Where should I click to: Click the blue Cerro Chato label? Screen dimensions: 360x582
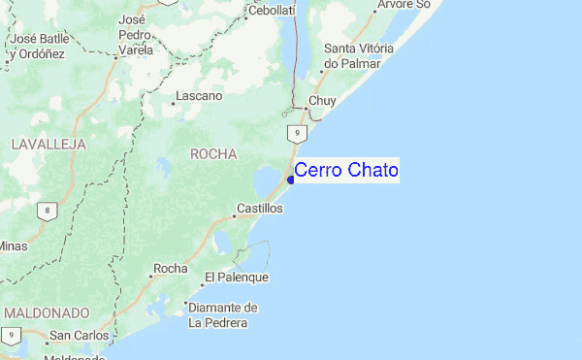(345, 171)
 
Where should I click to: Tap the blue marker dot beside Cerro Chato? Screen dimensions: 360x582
(291, 179)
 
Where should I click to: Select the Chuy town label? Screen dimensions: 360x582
(321, 101)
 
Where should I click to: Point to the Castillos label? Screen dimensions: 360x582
(260, 209)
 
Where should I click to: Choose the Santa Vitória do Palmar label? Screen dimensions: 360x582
(358, 55)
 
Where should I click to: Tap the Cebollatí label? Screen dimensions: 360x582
(272, 10)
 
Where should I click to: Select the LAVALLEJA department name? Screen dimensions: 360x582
(48, 144)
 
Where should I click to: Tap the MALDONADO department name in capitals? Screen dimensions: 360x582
(47, 313)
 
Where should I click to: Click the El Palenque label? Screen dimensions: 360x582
(236, 278)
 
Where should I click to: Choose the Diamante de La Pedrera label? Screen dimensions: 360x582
(223, 315)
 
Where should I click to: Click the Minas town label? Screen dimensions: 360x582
(12, 245)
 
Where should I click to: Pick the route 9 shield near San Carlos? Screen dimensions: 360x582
(10, 335)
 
